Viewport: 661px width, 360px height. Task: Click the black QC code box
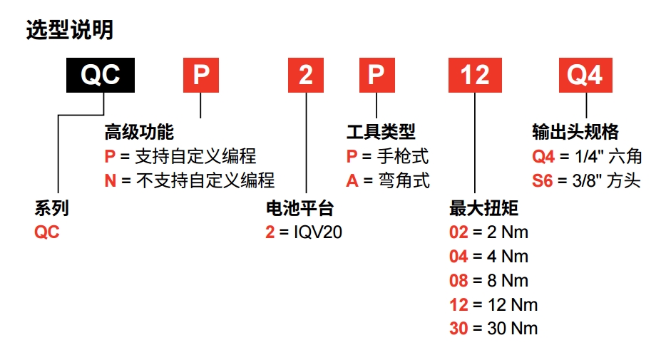point(101,75)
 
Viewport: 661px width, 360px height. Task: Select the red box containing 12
point(474,75)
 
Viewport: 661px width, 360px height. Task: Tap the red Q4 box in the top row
point(585,75)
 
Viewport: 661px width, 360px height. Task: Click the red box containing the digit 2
point(306,75)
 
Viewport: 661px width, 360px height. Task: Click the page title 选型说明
point(69,30)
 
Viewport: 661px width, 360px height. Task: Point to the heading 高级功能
point(139,133)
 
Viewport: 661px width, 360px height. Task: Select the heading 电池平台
point(299,209)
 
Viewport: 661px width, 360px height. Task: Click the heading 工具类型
point(381,133)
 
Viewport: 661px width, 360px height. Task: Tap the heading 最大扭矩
point(483,209)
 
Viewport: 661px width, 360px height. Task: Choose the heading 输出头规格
point(575,133)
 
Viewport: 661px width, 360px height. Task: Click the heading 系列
point(51,209)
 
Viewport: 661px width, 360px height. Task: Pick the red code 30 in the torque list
point(458,329)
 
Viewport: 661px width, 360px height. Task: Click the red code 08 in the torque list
point(458,280)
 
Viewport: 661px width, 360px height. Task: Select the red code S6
point(542,181)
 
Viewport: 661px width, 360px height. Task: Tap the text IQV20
point(319,232)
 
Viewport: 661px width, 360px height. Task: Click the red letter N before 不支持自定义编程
point(110,181)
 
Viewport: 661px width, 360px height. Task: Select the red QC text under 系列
point(47,232)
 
